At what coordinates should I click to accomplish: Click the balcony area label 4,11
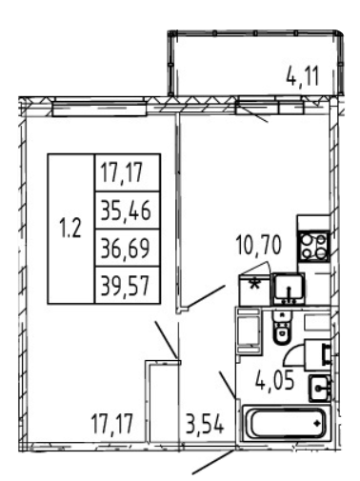coord(302,75)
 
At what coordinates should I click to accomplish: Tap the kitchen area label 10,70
coord(258,246)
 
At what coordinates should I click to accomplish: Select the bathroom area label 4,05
coord(275,380)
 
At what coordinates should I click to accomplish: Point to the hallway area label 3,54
coord(205,425)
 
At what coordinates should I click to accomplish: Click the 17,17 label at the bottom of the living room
coord(111,425)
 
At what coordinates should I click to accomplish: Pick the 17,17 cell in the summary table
coord(127,172)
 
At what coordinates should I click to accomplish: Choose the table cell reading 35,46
coord(127,210)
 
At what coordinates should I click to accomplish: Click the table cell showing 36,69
coord(127,248)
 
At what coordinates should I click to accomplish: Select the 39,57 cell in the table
coord(127,285)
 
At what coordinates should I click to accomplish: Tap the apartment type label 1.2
coord(70,229)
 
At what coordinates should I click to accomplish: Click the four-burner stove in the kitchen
coord(314,247)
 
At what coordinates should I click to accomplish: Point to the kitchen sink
coord(289,290)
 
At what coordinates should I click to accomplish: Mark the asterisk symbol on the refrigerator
coord(254,284)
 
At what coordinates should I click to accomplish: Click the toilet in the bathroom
coord(282,328)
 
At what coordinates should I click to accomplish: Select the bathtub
coord(286,423)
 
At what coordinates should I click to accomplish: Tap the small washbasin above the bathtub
coord(320,388)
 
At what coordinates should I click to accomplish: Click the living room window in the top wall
coord(99,108)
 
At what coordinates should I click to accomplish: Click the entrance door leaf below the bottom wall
coord(213,462)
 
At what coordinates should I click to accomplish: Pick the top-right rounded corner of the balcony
coord(341,33)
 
